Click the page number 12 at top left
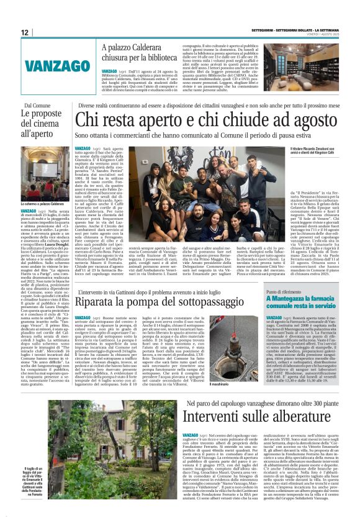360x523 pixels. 24,32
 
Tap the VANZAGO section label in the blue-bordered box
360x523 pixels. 49,64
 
